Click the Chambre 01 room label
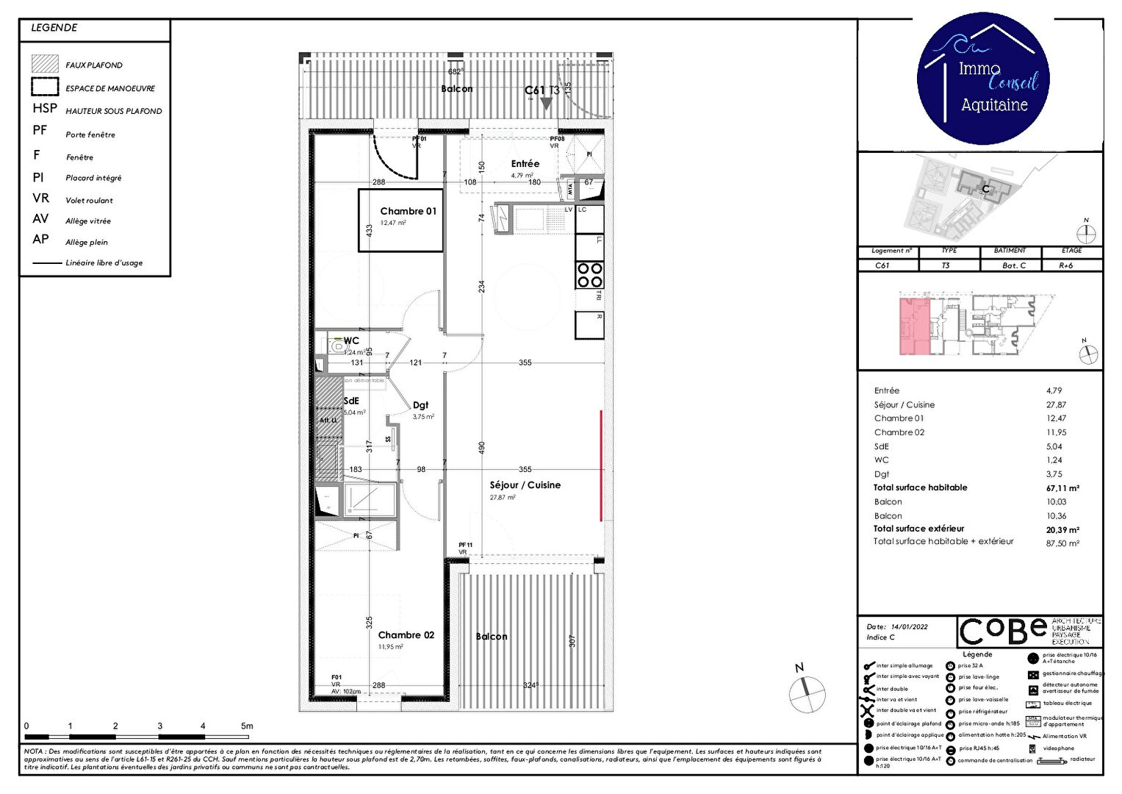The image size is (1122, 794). pyautogui.click(x=408, y=211)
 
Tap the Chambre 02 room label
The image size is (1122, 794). pyautogui.click(x=406, y=635)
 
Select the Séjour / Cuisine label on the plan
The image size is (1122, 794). pyautogui.click(x=525, y=485)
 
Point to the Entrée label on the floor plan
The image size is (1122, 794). pyautogui.click(x=525, y=164)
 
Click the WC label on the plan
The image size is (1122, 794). pyautogui.click(x=351, y=341)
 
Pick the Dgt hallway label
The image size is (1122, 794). pyautogui.click(x=420, y=405)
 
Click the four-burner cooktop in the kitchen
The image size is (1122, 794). pyautogui.click(x=589, y=275)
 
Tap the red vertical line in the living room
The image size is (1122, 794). pyautogui.click(x=601, y=465)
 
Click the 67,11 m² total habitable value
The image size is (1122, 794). pyautogui.click(x=1062, y=488)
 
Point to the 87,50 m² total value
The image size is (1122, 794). pyautogui.click(x=1062, y=543)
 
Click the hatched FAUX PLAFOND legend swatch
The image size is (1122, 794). pyautogui.click(x=45, y=64)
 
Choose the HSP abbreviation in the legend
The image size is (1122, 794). pyautogui.click(x=45, y=109)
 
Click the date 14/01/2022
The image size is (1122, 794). pyautogui.click(x=909, y=627)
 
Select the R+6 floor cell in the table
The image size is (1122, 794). pyautogui.click(x=1065, y=265)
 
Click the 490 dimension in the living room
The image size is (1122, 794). pyautogui.click(x=482, y=448)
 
